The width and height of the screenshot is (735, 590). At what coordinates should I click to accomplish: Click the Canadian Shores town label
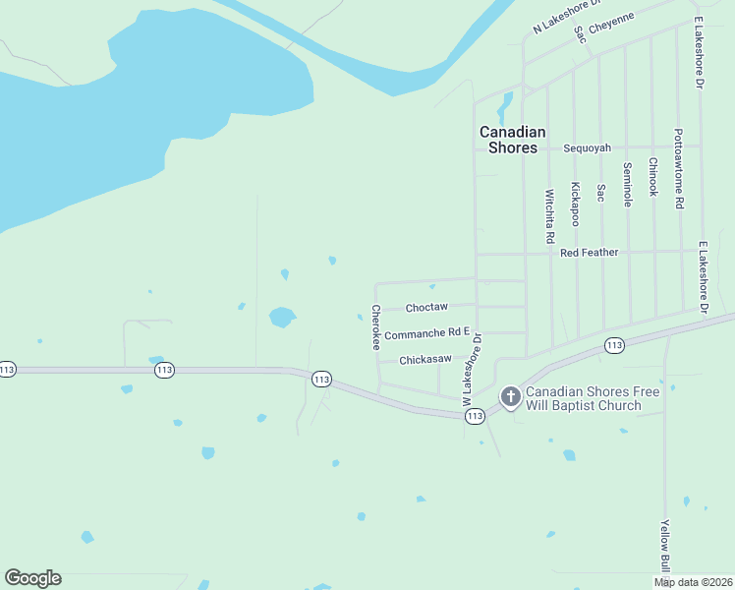pyautogui.click(x=512, y=140)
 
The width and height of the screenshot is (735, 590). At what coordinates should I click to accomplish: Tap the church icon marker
pyautogui.click(x=510, y=396)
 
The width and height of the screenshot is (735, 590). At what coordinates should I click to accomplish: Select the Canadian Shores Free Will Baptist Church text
pyautogui.click(x=578, y=398)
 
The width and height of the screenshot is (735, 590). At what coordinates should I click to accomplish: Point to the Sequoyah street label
pyautogui.click(x=587, y=148)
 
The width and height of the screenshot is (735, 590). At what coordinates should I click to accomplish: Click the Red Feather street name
pyautogui.click(x=589, y=253)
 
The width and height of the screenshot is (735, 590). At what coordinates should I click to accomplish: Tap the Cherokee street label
pyautogui.click(x=376, y=327)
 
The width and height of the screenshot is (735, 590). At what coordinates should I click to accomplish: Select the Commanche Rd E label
pyautogui.click(x=427, y=335)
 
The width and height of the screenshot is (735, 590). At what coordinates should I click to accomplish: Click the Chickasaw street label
pyautogui.click(x=425, y=360)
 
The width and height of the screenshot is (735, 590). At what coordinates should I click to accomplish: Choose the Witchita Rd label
pyautogui.click(x=549, y=216)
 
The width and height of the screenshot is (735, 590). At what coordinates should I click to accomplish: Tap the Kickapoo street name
pyautogui.click(x=575, y=204)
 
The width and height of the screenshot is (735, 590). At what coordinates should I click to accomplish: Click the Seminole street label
pyautogui.click(x=627, y=184)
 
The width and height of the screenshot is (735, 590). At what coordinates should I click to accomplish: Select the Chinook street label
pyautogui.click(x=652, y=177)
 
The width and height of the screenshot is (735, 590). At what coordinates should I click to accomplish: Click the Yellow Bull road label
pyautogui.click(x=665, y=548)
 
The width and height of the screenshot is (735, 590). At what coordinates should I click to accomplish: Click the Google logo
pyautogui.click(x=32, y=578)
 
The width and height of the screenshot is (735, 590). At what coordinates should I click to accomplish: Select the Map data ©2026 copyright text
pyautogui.click(x=693, y=582)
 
